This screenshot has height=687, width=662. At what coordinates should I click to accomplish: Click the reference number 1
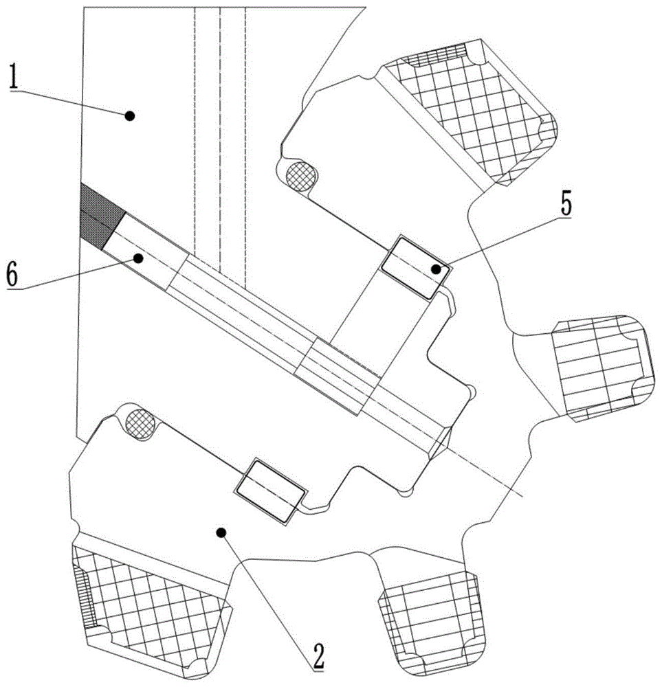click(x=15, y=78)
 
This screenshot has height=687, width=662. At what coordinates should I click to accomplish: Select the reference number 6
click(x=12, y=274)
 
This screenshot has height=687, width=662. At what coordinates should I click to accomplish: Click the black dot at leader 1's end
click(x=129, y=115)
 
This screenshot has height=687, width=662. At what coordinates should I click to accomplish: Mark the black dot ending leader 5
click(x=436, y=269)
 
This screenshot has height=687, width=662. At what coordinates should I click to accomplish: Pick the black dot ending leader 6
click(x=139, y=258)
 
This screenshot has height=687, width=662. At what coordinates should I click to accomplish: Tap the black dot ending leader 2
click(x=221, y=532)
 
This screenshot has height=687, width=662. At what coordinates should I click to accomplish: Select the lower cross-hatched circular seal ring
click(x=140, y=424)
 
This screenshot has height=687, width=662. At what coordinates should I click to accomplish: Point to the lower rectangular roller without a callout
click(x=270, y=491)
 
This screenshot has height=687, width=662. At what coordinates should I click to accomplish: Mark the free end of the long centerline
click(x=522, y=497)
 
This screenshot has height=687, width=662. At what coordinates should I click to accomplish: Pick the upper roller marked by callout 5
click(x=415, y=268)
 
